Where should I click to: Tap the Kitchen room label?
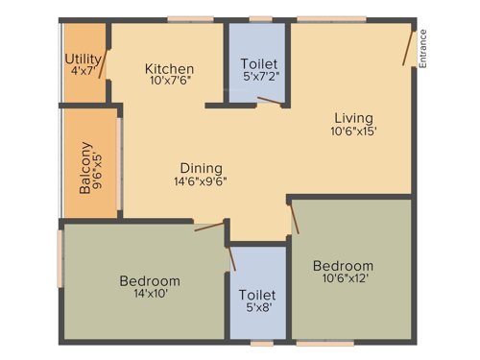click(x=170, y=69)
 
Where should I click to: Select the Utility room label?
click(x=83, y=59)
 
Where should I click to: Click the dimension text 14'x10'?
click(x=149, y=294)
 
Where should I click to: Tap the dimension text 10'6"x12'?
click(x=343, y=278)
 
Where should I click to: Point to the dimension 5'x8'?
click(x=257, y=308)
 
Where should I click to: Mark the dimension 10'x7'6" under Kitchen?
click(x=170, y=83)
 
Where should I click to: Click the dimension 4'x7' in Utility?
click(x=83, y=72)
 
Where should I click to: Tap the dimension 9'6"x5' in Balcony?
click(x=98, y=169)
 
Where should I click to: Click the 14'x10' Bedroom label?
click(x=149, y=280)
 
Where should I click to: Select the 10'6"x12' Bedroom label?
click(x=343, y=265)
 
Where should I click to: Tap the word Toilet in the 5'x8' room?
click(x=257, y=295)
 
